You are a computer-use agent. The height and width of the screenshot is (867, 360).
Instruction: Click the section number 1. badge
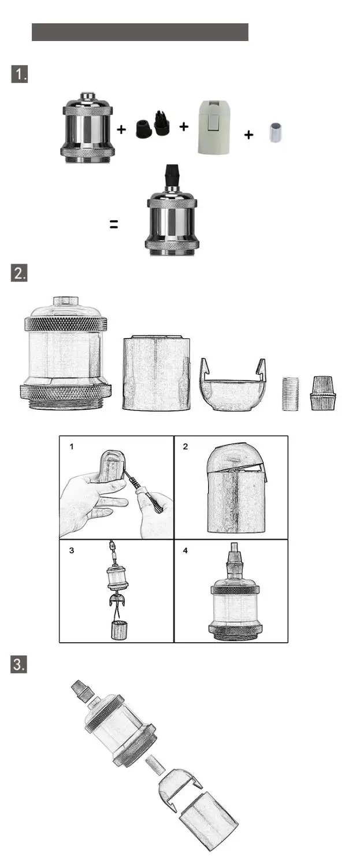pyautogui.click(x=19, y=74)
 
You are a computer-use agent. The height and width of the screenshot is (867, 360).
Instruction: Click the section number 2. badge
pyautogui.click(x=19, y=273)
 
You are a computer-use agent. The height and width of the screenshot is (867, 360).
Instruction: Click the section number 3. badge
pyautogui.click(x=19, y=665)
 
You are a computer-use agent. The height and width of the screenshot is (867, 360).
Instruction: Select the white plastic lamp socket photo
pyautogui.click(x=212, y=127)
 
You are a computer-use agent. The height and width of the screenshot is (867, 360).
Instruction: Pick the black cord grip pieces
pyautogui.click(x=153, y=124)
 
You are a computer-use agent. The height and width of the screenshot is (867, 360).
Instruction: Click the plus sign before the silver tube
pyautogui.click(x=249, y=135)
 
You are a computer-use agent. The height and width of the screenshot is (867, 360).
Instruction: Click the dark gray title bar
pyautogui.click(x=140, y=32)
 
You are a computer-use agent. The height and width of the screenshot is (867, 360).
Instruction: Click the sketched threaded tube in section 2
pyautogui.click(x=290, y=393)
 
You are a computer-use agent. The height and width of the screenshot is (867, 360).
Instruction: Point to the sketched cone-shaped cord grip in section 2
pyautogui.click(x=323, y=392)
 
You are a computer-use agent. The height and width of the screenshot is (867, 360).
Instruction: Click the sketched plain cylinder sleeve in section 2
pyautogui.click(x=157, y=373)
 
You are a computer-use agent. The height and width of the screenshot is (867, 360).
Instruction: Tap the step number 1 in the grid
pyautogui.click(x=71, y=447)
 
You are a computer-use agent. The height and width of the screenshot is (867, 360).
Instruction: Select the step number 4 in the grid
pyautogui.click(x=185, y=550)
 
